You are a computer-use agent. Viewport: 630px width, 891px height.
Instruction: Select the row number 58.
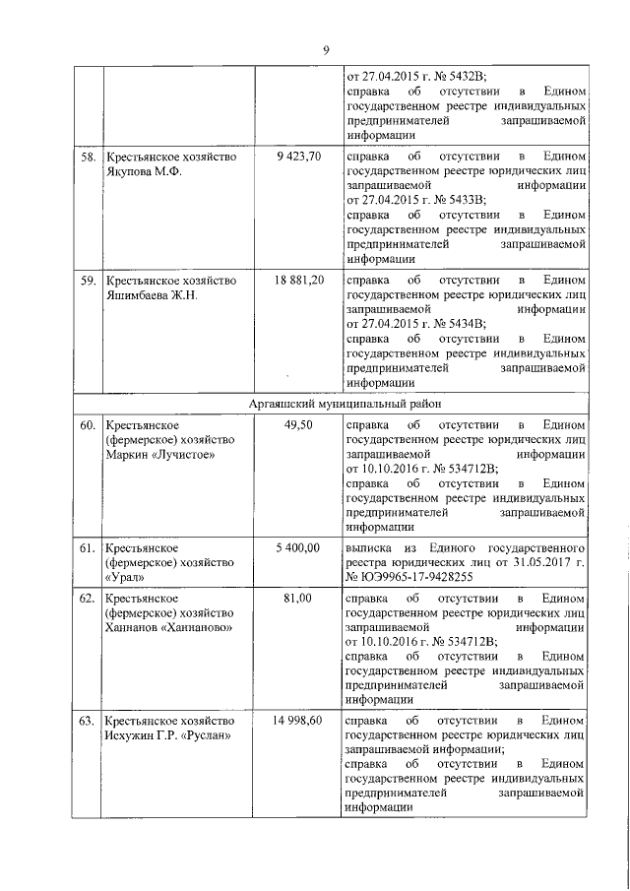coord(88,157)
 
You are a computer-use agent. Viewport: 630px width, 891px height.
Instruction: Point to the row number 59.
coord(88,281)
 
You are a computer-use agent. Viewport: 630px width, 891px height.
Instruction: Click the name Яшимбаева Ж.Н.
coord(153,295)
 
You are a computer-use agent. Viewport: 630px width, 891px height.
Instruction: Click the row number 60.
coord(88,425)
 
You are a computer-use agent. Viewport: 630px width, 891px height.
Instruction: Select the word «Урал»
coord(125,576)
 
